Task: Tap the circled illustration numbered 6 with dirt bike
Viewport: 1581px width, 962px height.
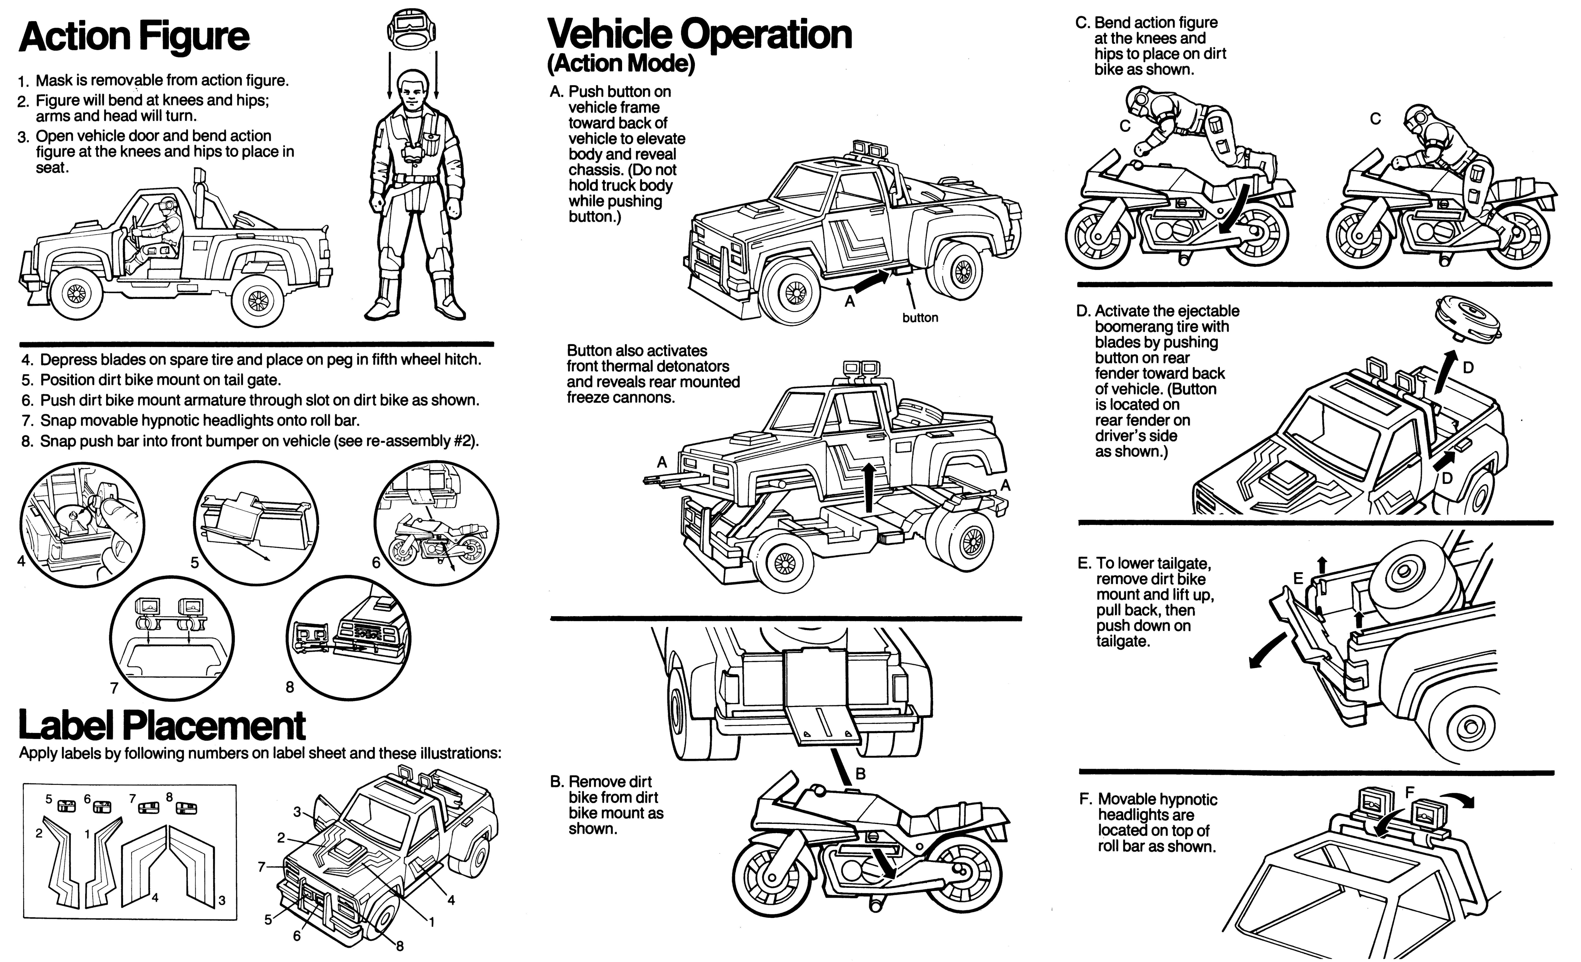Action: [436, 523]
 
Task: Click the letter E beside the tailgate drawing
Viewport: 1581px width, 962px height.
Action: [1298, 578]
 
